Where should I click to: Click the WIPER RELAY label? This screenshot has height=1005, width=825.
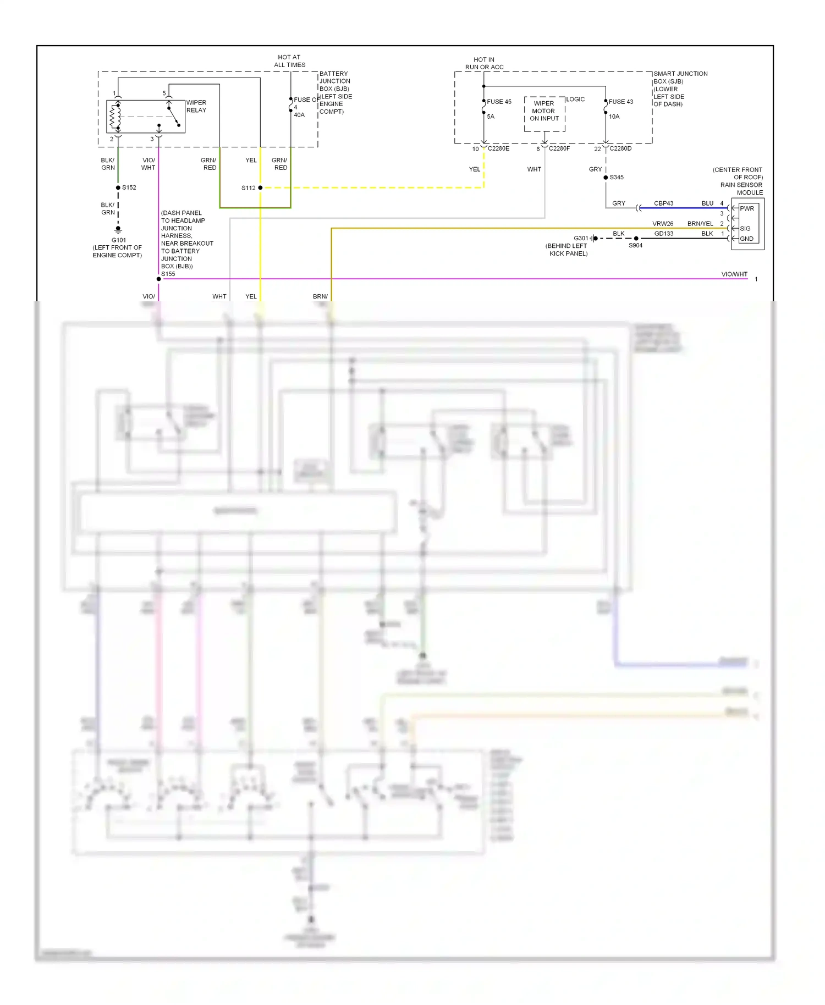point(196,106)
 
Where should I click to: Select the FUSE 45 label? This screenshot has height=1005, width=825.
point(499,102)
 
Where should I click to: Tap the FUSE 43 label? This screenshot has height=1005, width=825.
point(620,102)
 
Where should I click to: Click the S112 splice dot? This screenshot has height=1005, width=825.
point(260,188)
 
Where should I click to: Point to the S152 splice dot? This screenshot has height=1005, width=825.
point(118,187)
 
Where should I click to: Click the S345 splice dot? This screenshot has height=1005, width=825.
point(606,178)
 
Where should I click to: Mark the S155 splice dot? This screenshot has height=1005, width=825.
point(159,279)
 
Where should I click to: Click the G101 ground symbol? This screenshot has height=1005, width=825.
point(118,230)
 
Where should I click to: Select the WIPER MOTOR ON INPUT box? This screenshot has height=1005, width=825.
point(544,113)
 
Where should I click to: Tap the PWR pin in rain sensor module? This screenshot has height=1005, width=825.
point(746,208)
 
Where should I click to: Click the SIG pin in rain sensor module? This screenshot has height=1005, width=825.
point(745,228)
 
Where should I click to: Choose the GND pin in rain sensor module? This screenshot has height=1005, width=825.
point(746,239)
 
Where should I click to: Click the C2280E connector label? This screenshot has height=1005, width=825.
point(498,148)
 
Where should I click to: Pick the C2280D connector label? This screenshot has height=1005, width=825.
point(620,148)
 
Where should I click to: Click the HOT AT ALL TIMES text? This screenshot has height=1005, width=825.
point(289,61)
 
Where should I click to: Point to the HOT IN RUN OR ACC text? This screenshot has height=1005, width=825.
point(484,63)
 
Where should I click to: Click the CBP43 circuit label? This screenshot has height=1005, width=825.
point(663,203)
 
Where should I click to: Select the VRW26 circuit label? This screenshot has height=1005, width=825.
point(663,224)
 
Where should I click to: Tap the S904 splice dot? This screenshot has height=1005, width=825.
point(636,239)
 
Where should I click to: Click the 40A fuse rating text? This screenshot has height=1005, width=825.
point(299,115)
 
